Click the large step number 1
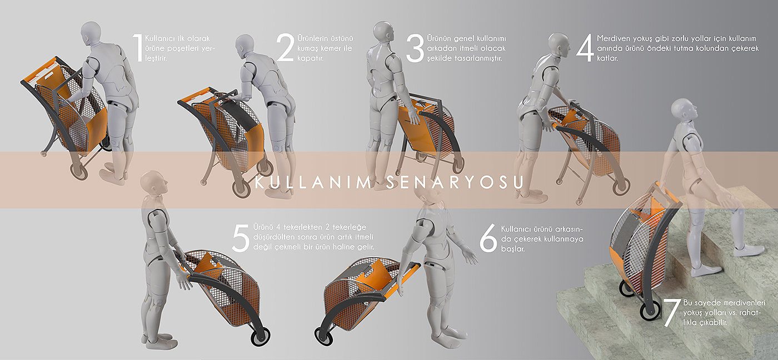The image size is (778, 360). tap(138, 48)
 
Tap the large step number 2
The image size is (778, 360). tap(285, 48)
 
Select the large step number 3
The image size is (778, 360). tap(415, 48)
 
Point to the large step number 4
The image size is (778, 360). tap(585, 48)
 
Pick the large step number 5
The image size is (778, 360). tap(241, 238)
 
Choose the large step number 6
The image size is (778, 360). tap(488, 238)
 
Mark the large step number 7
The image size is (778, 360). tap(672, 313)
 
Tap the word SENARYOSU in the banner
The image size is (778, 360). tap(455, 183)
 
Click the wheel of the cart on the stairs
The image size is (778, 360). tap(650, 309)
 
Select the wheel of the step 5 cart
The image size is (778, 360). tap(260, 337)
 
